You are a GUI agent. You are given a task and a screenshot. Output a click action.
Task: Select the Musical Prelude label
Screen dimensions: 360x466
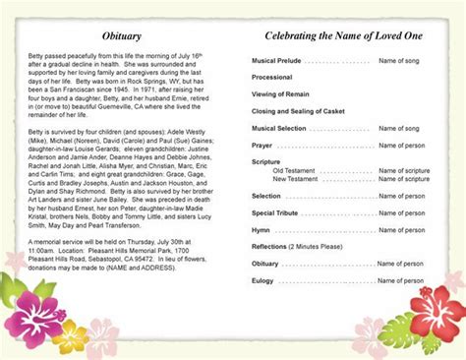(x=276, y=61)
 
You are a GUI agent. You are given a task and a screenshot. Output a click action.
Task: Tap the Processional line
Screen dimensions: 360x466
(x=272, y=76)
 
